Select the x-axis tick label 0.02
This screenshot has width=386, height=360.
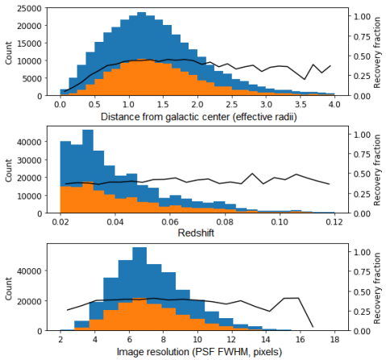[x=60, y=221]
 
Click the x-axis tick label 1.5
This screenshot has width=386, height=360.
[x=162, y=104]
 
